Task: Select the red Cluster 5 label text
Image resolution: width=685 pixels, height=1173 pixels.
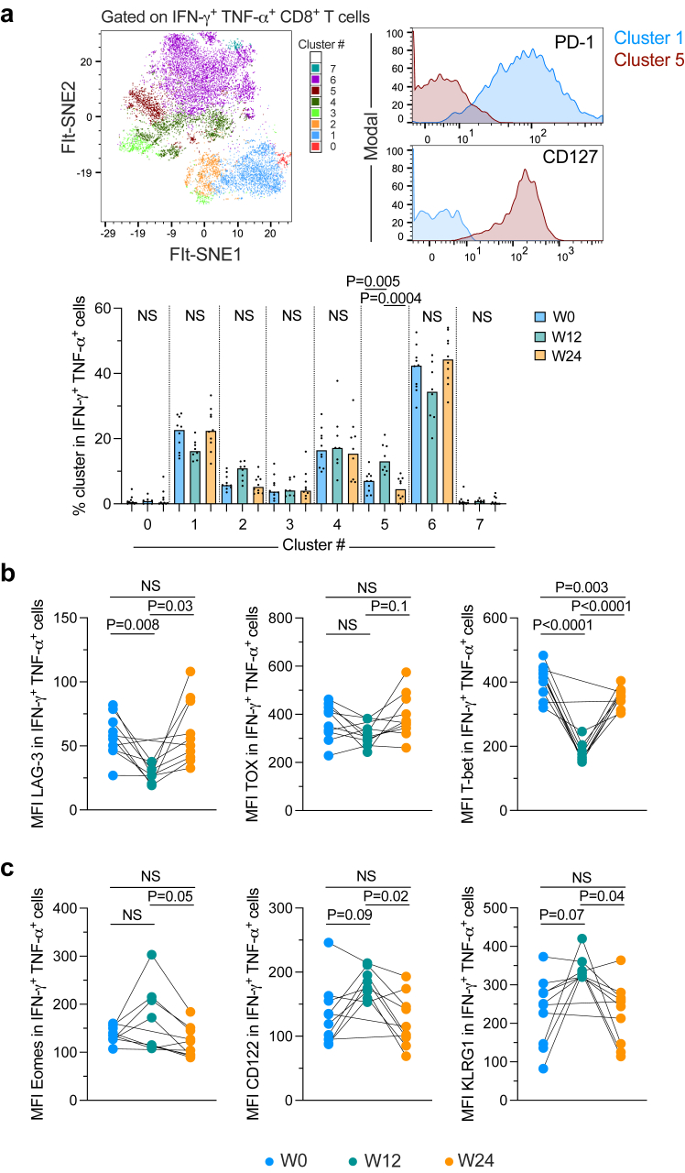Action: click(642, 60)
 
